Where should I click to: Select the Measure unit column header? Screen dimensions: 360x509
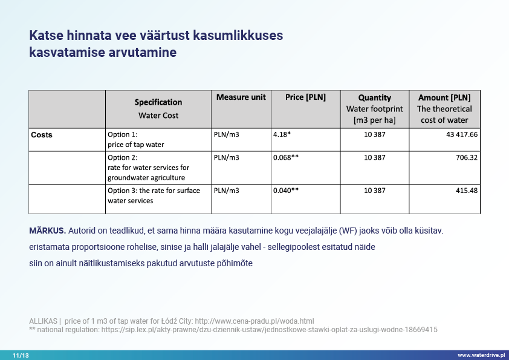pos(241,97)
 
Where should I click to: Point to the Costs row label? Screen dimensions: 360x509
pos(42,135)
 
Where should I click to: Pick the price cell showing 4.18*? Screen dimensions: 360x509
pos(282,134)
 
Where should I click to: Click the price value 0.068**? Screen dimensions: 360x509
pos(286,157)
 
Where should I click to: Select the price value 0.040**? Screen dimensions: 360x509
pos(286,190)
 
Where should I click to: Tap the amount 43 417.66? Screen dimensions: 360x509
pos(462,134)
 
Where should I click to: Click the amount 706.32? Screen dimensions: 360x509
pos(467,157)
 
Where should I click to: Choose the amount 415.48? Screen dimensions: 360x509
pos(467,190)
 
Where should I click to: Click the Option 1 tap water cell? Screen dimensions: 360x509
pos(135,139)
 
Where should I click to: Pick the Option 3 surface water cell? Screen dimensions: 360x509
pos(149,195)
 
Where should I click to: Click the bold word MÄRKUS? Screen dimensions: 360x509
pos(47,231)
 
